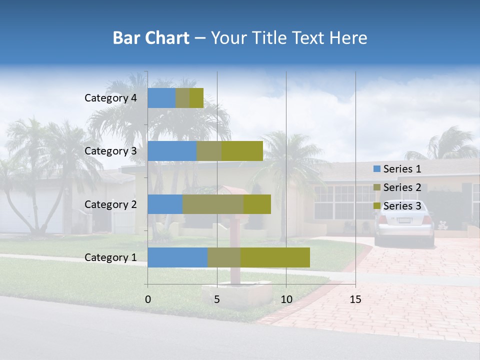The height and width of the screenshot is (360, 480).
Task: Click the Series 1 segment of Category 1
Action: pos(177,257)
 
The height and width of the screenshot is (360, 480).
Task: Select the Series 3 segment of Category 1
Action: pos(275,257)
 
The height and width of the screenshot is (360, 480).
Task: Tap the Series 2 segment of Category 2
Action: pos(213,204)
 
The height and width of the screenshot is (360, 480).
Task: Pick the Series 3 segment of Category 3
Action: pos(242,151)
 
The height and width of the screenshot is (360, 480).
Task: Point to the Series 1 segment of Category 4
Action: pos(161,98)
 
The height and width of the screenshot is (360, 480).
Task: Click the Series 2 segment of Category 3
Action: pos(209,151)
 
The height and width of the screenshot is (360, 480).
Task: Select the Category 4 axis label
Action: pos(110,98)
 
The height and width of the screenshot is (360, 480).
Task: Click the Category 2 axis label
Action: pos(110,204)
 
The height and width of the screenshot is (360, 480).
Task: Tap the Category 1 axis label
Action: pos(110,257)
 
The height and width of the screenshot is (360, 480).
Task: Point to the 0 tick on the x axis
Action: pos(148,299)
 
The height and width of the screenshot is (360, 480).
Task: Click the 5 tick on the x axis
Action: pos(217,299)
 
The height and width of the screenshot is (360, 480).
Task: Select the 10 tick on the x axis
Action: pos(286,299)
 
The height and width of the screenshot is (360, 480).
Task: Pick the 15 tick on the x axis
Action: pos(355,299)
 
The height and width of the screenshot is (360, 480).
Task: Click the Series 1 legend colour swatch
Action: pos(376,169)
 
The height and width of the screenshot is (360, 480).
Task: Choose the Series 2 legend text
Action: pos(402,187)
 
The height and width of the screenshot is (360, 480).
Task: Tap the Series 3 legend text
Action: pos(402,206)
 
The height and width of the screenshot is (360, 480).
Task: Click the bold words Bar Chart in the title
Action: pos(151,38)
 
